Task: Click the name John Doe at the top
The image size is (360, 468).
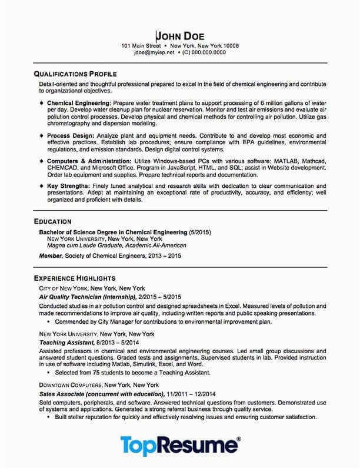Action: tap(179, 35)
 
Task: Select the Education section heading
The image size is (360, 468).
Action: tap(53, 221)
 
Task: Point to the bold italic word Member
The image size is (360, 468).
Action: tap(50, 255)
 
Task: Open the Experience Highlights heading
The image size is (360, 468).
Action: tap(74, 278)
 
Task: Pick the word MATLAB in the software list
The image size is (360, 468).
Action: tap(279, 161)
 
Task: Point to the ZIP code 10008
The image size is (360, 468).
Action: tap(229, 45)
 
